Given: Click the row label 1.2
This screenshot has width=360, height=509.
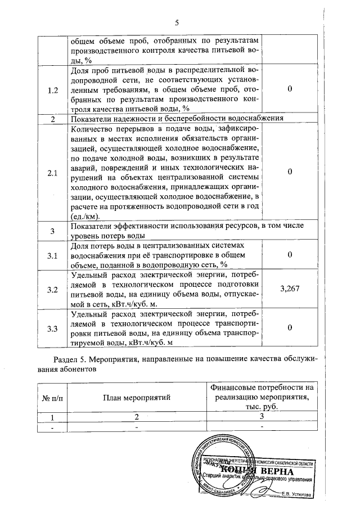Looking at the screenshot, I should [x=52, y=91].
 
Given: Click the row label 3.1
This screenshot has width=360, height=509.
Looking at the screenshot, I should [x=52, y=255].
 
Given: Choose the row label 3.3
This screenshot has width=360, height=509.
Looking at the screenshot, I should [x=52, y=328].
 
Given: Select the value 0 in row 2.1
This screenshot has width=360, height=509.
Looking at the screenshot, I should [x=289, y=172].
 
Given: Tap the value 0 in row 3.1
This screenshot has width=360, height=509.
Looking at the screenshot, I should [x=289, y=255].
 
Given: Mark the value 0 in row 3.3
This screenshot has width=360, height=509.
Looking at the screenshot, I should [x=289, y=327].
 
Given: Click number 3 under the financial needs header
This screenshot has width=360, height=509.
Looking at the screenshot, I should [x=262, y=417].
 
